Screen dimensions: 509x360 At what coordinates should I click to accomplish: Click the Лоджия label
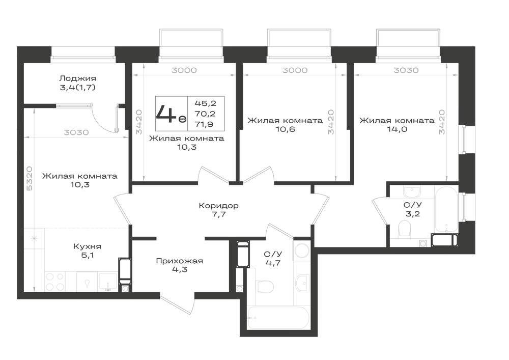(x=77, y=78)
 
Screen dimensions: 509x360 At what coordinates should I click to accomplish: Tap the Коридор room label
(x=218, y=206)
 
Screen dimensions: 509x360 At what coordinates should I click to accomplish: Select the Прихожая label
(x=180, y=261)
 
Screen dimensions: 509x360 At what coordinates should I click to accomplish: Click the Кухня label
(x=88, y=246)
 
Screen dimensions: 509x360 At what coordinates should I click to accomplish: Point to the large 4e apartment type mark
(x=171, y=114)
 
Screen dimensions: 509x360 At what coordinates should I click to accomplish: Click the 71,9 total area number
(x=205, y=124)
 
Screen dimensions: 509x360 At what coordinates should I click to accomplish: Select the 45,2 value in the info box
(x=205, y=103)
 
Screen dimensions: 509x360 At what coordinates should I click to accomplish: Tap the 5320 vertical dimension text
(x=29, y=179)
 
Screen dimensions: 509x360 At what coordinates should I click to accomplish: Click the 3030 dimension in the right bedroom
(x=406, y=70)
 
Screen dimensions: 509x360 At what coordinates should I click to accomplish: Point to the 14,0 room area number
(x=397, y=129)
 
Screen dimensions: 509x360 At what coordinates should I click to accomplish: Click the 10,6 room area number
(x=285, y=129)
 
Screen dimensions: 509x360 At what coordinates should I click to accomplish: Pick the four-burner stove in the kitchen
(x=55, y=282)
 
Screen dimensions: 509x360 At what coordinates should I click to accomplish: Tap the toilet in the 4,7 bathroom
(x=265, y=287)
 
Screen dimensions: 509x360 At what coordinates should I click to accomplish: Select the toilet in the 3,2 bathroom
(x=405, y=229)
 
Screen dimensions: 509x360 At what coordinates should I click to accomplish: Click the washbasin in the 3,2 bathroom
(x=412, y=191)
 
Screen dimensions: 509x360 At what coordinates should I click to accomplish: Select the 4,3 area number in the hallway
(x=180, y=270)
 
